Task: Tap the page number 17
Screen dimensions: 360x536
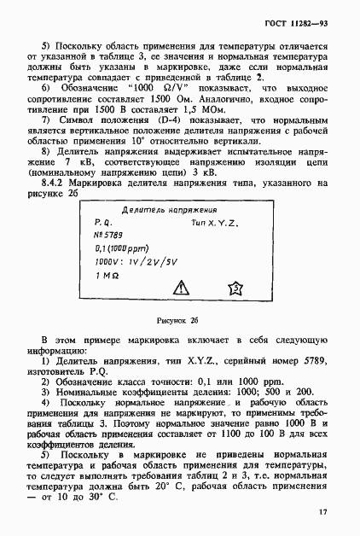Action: pyautogui.click(x=321, y=511)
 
